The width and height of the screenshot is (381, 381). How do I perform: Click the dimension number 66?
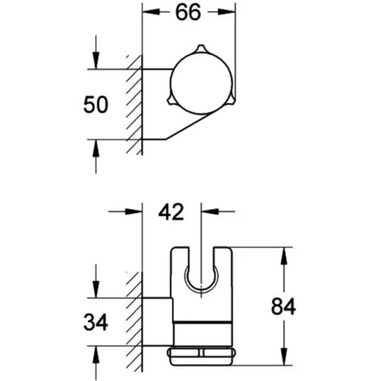[188, 12]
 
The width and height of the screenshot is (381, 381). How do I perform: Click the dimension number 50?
[96, 105]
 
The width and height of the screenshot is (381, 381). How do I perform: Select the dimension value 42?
[171, 212]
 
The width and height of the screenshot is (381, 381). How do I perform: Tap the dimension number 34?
[96, 322]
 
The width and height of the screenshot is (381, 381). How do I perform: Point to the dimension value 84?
[284, 306]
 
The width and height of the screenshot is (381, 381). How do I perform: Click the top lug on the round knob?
[202, 49]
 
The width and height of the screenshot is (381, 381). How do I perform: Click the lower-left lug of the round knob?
[172, 100]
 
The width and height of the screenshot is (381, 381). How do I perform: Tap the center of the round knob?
[201, 83]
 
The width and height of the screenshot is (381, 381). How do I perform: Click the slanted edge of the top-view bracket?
[187, 126]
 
